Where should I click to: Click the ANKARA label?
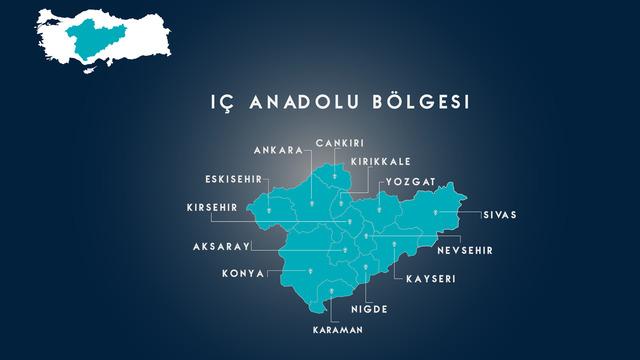pyautogui.click(x=278, y=150)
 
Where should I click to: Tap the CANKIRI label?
pyautogui.click(x=338, y=143)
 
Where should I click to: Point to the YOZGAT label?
pyautogui.click(x=408, y=183)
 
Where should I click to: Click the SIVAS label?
pyautogui.click(x=499, y=214)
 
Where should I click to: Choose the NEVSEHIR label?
pyautogui.click(x=466, y=250)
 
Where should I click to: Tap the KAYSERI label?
pyautogui.click(x=430, y=279)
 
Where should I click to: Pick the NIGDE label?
pyautogui.click(x=368, y=308)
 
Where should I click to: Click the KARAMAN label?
pyautogui.click(x=334, y=329)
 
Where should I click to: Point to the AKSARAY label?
pyautogui.click(x=220, y=246)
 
